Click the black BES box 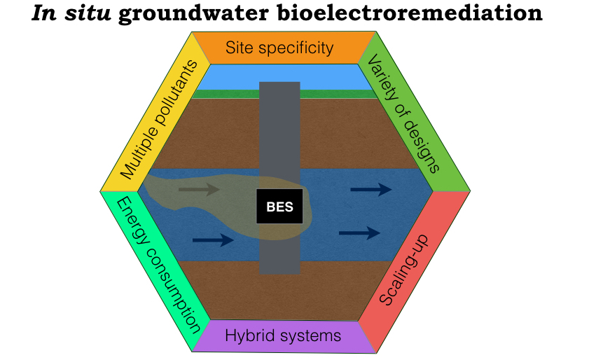279,206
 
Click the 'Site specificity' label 279,48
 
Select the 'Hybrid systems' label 283,335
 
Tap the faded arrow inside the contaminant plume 199,188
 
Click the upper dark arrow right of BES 370,188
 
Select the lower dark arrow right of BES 359,233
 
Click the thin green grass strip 210,94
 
